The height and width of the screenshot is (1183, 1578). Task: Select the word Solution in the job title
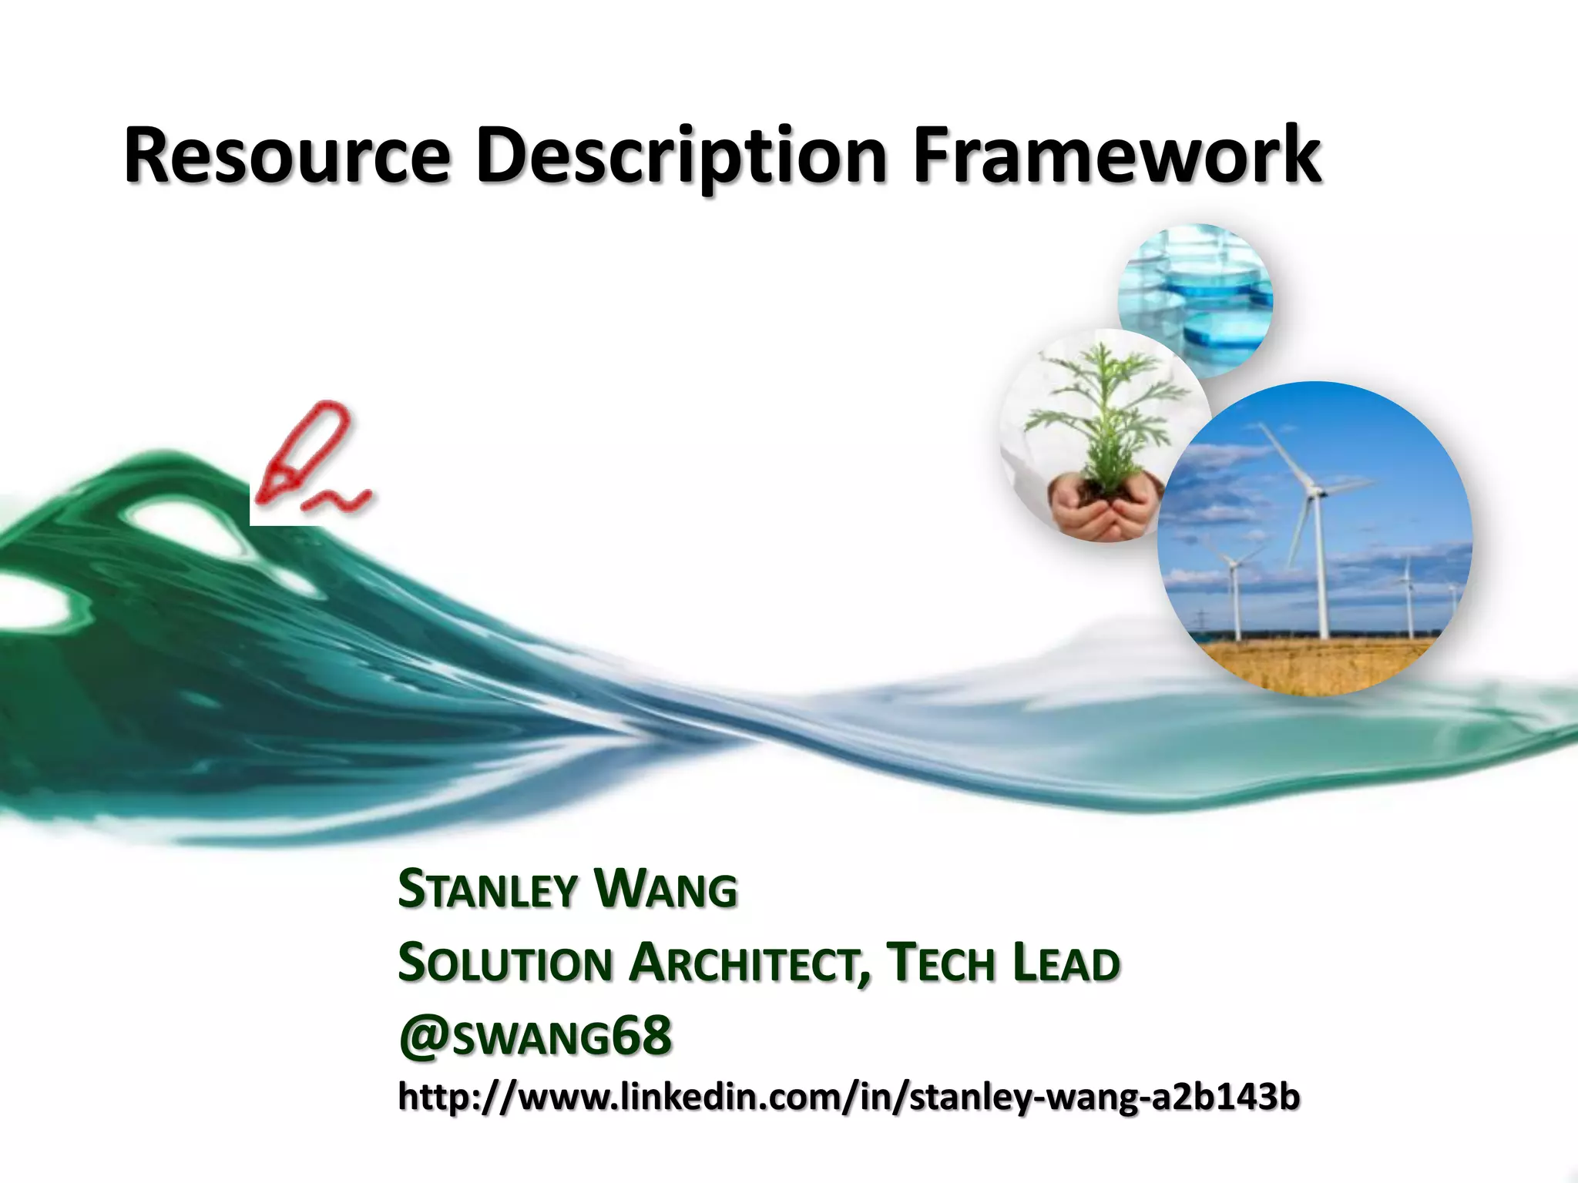tap(505, 964)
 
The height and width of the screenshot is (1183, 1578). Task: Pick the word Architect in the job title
tap(747, 964)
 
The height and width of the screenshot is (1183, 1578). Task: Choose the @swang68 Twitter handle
tap(535, 1036)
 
